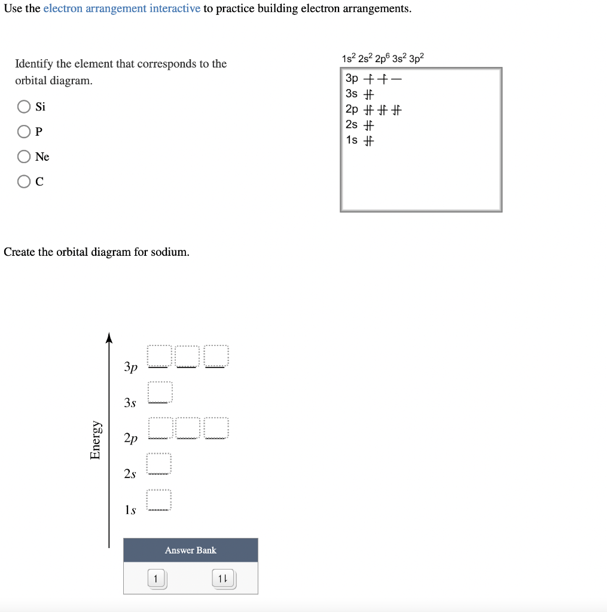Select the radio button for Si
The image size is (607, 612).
point(24,107)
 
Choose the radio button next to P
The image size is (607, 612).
point(24,131)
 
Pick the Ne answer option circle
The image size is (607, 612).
point(24,157)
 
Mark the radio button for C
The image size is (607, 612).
point(24,182)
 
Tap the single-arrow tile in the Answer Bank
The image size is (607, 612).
point(156,579)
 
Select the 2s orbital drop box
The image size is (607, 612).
point(160,464)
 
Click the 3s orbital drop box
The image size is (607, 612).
point(160,392)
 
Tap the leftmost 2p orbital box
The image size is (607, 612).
point(160,429)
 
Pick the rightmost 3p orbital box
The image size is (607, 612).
point(216,356)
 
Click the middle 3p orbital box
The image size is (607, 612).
point(188,356)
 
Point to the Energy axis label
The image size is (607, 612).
point(95,440)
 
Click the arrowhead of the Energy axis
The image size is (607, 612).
point(109,338)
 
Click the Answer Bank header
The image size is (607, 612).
point(191,550)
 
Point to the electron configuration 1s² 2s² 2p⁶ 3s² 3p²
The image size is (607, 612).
point(383,59)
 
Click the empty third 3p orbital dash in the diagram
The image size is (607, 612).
point(396,79)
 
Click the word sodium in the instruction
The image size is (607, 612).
point(169,252)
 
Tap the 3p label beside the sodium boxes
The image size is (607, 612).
point(131,366)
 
